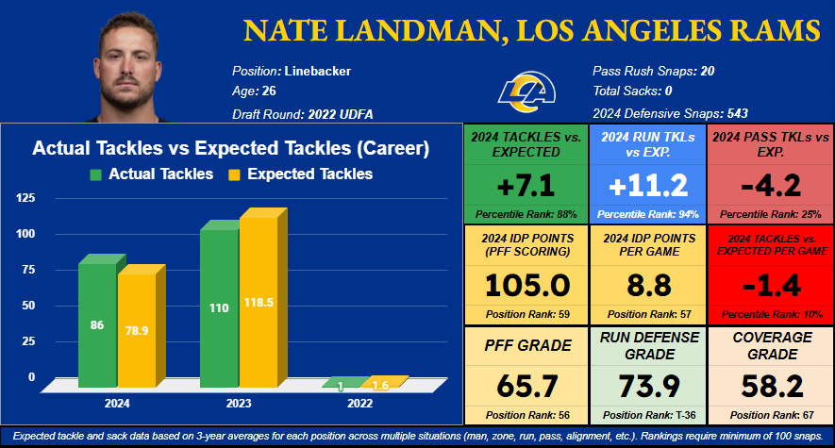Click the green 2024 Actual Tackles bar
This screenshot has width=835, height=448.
(96, 321)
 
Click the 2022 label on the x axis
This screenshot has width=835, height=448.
(360, 403)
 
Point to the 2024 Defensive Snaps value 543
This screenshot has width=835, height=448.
(736, 113)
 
